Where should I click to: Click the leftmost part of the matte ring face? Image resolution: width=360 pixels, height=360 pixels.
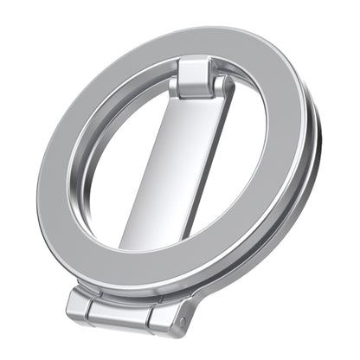[54, 173]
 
